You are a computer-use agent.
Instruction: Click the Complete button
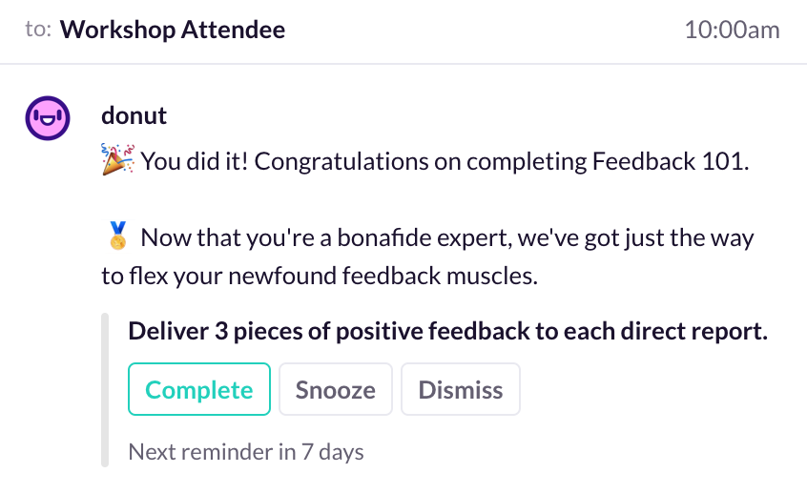[x=199, y=389]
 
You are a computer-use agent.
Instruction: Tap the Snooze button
[x=336, y=389]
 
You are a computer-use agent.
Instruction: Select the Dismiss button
[x=461, y=389]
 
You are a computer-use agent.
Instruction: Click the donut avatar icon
[x=48, y=118]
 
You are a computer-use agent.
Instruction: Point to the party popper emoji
[x=118, y=159]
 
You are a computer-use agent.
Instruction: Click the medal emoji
[x=118, y=236]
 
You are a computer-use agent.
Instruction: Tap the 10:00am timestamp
[x=732, y=30]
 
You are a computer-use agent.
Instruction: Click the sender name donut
[x=134, y=115]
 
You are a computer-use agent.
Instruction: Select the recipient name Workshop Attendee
[x=173, y=30]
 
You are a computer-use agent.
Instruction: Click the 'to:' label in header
[x=38, y=30]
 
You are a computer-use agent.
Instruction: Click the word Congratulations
[x=341, y=161]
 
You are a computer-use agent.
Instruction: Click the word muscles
[x=492, y=276]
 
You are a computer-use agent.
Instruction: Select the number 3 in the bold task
[x=221, y=331]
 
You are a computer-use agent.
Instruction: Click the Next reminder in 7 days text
[x=246, y=452]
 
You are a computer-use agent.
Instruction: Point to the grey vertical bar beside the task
[x=105, y=389]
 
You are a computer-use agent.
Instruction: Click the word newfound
[x=282, y=276]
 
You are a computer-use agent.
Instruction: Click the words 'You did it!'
[x=195, y=161]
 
